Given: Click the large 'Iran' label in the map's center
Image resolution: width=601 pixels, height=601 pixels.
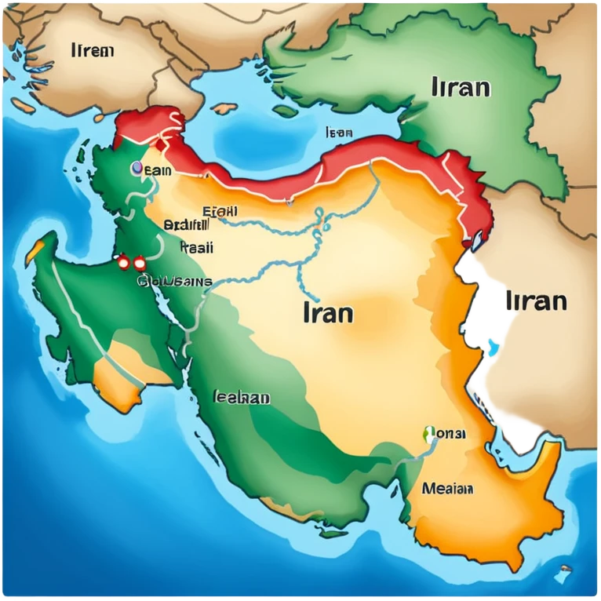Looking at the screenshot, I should (327, 313).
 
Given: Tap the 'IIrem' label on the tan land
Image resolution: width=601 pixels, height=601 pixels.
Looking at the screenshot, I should (92, 51).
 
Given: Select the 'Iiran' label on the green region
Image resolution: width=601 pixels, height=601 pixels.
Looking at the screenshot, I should (461, 86).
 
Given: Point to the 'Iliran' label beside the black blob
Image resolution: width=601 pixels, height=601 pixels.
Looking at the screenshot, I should (536, 301).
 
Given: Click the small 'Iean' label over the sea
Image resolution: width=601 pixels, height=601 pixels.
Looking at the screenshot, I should (338, 133).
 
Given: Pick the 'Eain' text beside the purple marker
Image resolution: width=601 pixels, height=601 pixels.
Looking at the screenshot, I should (157, 169).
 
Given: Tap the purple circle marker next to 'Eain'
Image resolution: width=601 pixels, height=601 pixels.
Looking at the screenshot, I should (137, 168).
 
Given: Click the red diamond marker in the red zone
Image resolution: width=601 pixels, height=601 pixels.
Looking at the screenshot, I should (160, 144).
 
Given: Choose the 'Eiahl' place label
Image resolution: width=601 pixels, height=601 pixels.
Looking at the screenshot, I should (220, 211).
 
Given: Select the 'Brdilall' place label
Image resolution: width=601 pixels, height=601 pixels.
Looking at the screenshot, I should (186, 225).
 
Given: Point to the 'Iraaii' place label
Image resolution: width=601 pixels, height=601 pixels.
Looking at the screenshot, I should (196, 247).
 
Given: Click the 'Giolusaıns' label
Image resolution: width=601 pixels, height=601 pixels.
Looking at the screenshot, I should (174, 281).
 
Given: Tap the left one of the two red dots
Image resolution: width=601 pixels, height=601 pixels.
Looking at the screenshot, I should (123, 263).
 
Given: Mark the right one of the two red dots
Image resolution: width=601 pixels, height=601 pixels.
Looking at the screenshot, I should (140, 263).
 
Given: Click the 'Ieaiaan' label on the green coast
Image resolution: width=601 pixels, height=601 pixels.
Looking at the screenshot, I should (242, 398).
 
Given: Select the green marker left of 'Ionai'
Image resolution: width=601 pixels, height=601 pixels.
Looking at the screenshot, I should (429, 433).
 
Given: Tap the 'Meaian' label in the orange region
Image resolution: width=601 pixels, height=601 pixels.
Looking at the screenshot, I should (447, 489).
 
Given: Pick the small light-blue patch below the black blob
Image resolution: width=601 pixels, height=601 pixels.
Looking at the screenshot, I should (493, 348).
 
